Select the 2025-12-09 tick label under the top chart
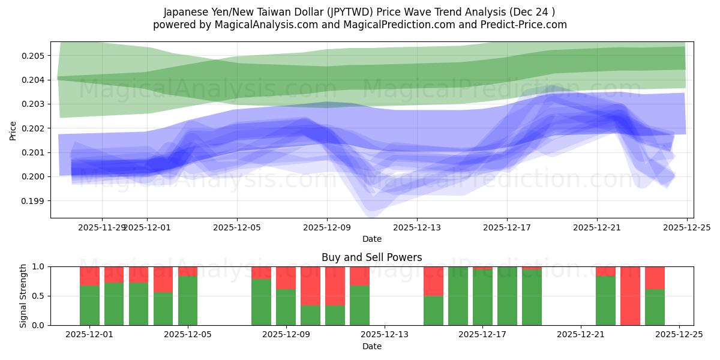[327, 228]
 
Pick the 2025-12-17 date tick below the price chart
[507, 228]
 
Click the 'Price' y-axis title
[13, 130]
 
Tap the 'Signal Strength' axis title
[23, 296]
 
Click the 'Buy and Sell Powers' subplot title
[371, 257]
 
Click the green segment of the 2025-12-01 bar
[89, 305]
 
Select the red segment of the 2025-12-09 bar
[286, 278]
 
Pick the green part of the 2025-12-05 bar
[188, 301]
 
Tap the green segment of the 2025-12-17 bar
[482, 298]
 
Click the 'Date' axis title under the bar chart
[371, 347]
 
